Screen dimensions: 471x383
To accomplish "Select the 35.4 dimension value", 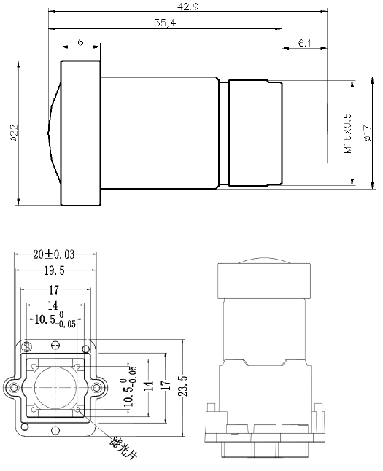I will (166, 23).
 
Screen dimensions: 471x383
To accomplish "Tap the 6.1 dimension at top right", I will (304, 43).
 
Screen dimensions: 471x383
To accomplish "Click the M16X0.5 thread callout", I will (347, 132).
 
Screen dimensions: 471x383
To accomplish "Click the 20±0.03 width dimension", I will (55, 254).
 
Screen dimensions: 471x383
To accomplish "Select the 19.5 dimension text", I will (55, 271).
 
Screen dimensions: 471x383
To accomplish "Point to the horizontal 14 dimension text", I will (52, 305).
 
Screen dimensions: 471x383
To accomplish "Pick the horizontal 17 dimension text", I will (54, 289).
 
